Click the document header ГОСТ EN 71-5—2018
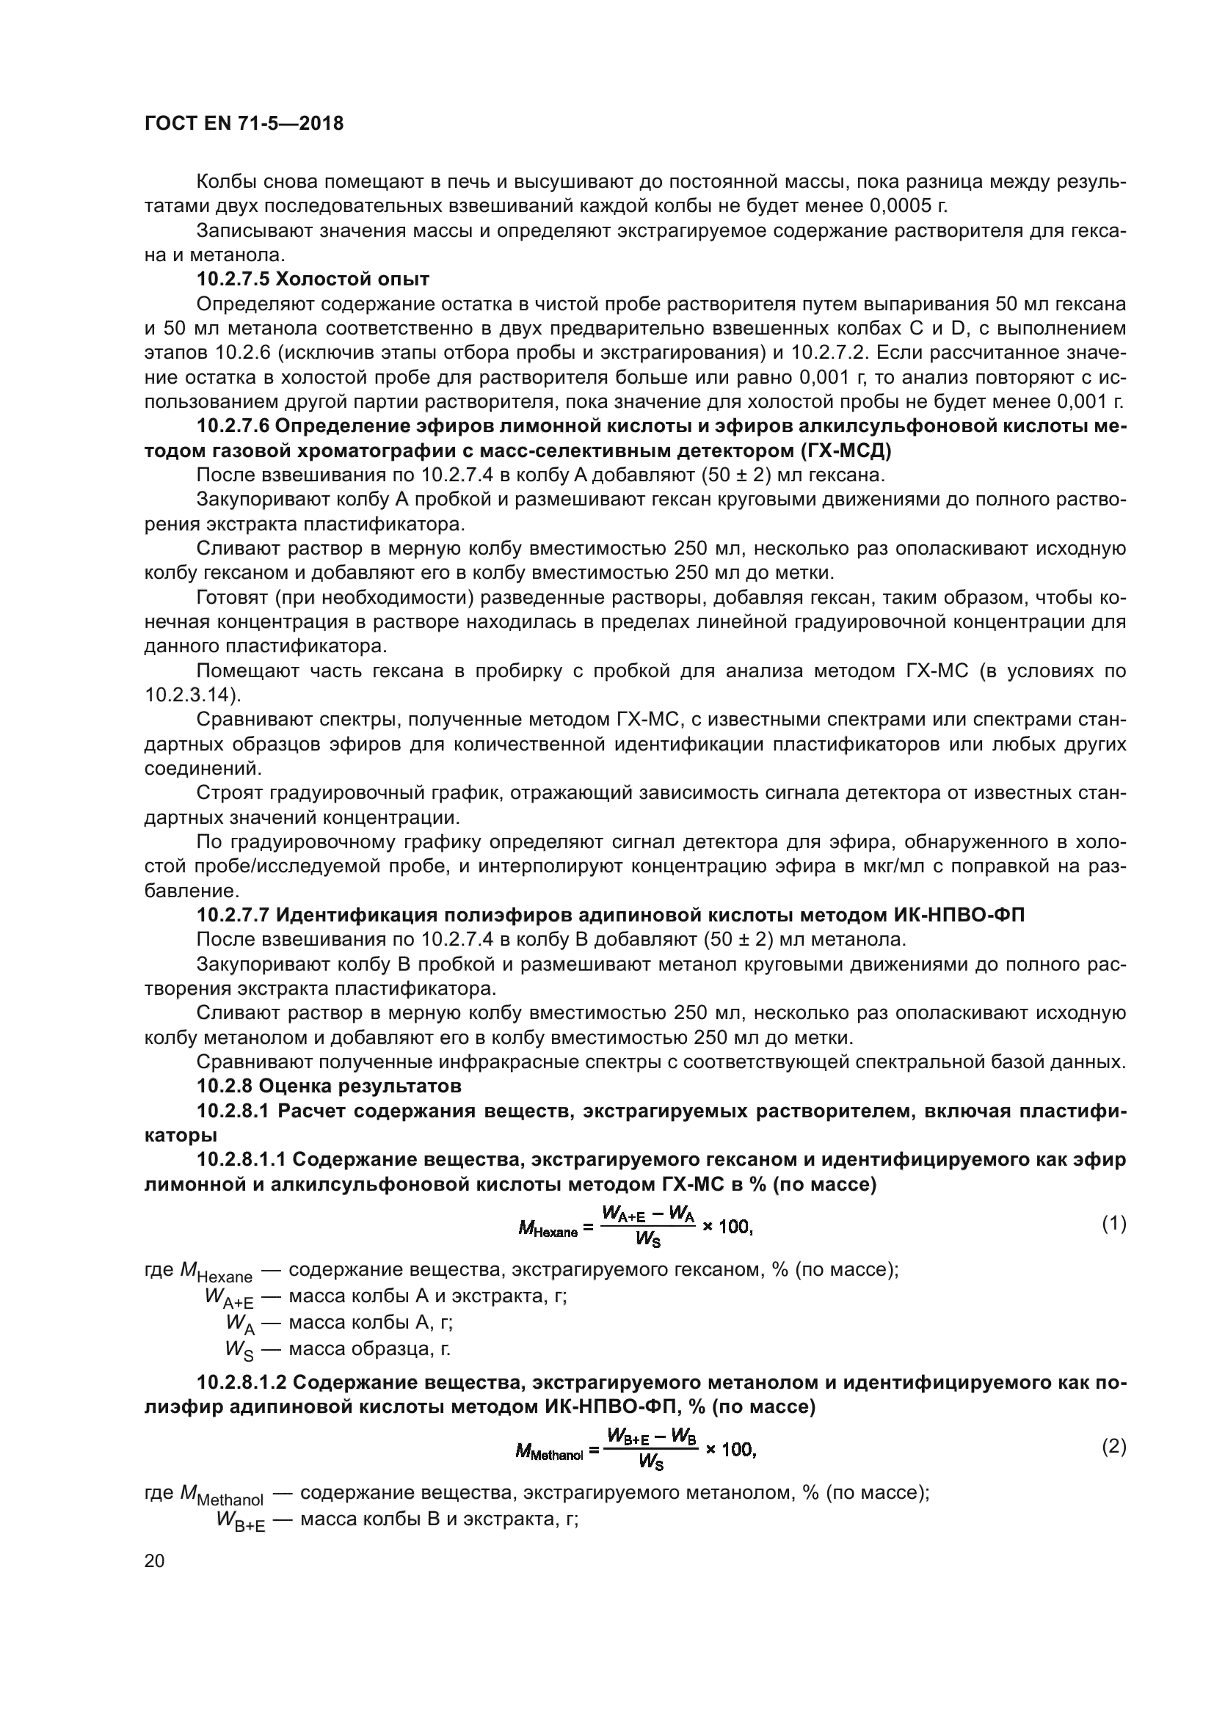[244, 124]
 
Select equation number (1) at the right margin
[1114, 1224]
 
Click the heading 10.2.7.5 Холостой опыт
[313, 280]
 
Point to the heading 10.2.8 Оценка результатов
[329, 1085]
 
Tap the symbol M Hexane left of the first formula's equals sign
[548, 1228]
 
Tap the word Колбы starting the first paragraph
[226, 182]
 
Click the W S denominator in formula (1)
[647, 1239]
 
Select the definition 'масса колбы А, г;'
[371, 1323]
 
